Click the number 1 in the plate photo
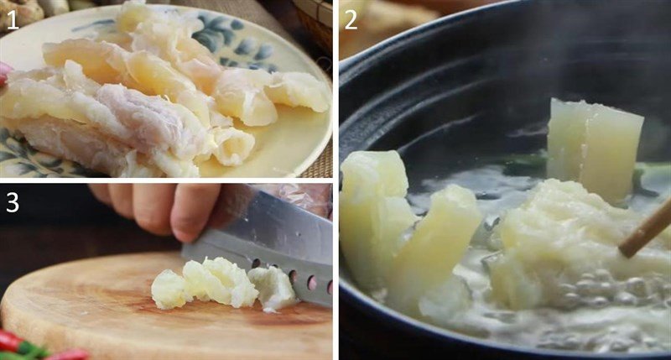(x=12, y=18)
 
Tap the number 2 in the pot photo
(x=351, y=18)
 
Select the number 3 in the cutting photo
(x=12, y=201)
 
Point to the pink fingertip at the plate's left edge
(x=3, y=73)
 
